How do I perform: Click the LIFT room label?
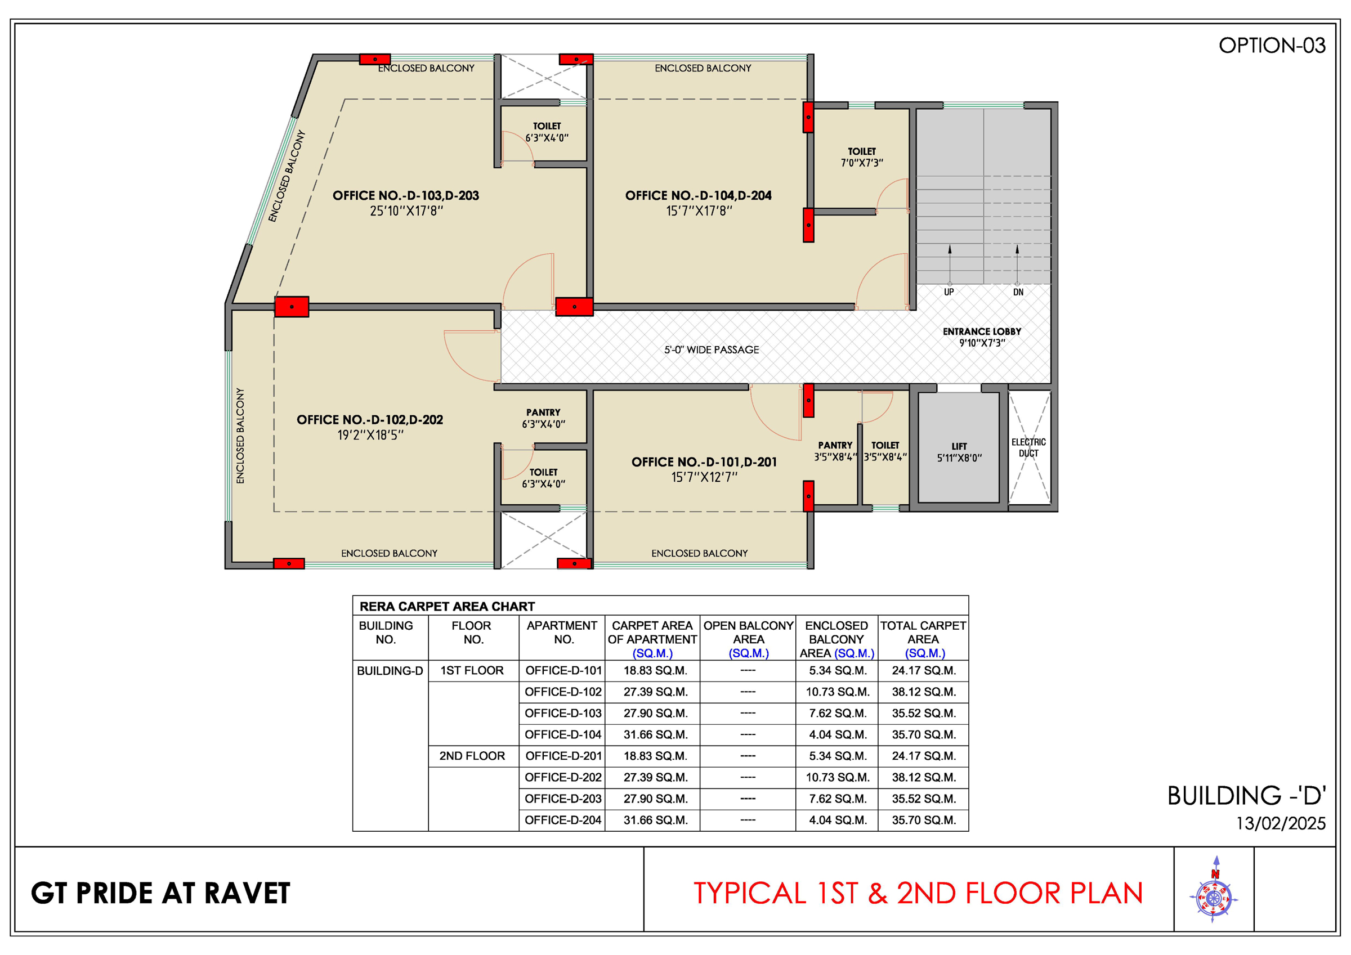959,447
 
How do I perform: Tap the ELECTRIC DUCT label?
1028,448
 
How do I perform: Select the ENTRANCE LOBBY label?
982,332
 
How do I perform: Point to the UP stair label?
949,292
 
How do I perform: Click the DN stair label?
1018,292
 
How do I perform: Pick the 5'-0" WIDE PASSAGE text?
712,350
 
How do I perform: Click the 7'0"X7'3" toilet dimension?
862,163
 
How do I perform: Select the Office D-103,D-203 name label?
405,195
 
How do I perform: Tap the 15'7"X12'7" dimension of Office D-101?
704,477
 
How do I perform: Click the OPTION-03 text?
1272,46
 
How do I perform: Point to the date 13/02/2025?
1281,823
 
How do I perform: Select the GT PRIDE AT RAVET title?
160,893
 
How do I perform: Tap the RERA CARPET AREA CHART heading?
447,607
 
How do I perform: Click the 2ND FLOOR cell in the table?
472,756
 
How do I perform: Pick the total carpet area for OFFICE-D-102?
924,692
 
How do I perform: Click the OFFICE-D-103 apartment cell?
563,713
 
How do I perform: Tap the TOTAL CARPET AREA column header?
923,639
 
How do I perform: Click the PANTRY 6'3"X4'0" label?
543,418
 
